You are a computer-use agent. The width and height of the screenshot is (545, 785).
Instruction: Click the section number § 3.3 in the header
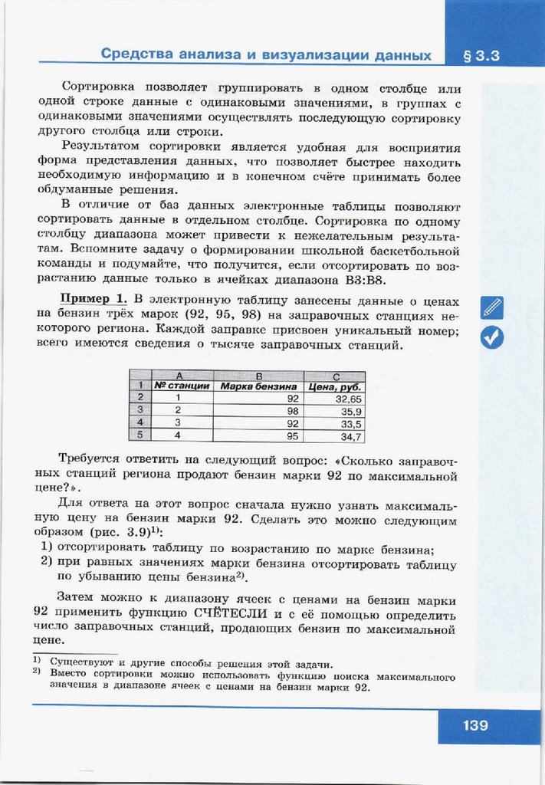481,55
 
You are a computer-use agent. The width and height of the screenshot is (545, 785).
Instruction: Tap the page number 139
475,724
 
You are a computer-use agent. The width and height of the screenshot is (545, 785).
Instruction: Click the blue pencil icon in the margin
491,307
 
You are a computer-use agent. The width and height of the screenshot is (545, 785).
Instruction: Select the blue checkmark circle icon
491,337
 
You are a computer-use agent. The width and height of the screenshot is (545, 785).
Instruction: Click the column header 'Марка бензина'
258,386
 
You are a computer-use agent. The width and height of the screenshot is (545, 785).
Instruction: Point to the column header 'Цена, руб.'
335,386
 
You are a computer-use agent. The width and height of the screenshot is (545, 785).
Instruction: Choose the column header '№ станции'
182,386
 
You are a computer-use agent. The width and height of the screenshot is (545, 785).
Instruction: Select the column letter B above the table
258,376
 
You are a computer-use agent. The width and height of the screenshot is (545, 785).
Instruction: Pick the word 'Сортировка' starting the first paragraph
100,89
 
